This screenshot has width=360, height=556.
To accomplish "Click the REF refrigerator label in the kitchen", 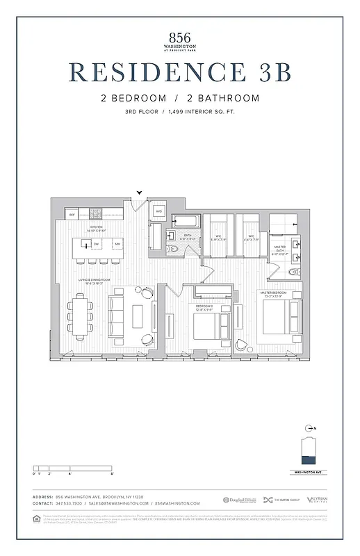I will point(72,215).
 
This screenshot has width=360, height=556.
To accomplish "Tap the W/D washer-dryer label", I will point(158,211).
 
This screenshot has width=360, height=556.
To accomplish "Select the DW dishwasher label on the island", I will point(97,245).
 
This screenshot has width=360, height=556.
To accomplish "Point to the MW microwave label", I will point(117,245).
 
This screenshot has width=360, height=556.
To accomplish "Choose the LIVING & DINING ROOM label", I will point(95,281).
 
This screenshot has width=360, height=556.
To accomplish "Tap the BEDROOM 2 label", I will point(204,306).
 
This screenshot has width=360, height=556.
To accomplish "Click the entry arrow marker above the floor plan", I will point(140,193).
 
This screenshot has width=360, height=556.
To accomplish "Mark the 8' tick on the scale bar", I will point(112,473).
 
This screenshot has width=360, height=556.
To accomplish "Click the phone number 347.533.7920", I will point(71,503).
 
